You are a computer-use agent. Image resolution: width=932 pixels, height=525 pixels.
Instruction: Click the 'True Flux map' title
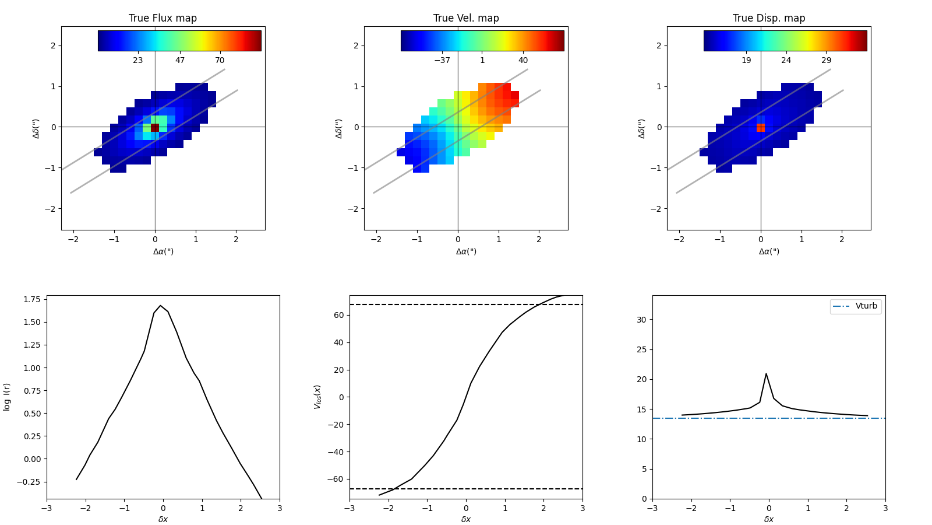[x=163, y=18]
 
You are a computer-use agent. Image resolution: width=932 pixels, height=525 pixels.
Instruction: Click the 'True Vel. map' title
[x=466, y=18]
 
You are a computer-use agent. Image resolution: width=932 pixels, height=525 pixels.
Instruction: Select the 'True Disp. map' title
[x=769, y=18]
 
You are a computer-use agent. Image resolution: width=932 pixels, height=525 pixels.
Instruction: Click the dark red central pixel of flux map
[x=155, y=127]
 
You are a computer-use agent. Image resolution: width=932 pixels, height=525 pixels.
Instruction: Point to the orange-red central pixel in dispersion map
[x=761, y=127]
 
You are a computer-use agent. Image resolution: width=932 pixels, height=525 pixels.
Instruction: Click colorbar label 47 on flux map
[x=180, y=60]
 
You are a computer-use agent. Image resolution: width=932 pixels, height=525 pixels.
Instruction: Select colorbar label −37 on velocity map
[x=442, y=60]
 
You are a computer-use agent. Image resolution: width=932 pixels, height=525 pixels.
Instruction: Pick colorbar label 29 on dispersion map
[x=827, y=60]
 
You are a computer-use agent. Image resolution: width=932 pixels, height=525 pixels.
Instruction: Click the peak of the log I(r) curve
[x=161, y=306]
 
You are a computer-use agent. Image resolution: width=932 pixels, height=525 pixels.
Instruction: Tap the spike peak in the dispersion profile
[x=766, y=374]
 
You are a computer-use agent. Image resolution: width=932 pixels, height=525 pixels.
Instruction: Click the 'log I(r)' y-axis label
[x=7, y=397]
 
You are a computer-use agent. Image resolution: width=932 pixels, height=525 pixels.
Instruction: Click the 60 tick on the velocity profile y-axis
[x=338, y=315]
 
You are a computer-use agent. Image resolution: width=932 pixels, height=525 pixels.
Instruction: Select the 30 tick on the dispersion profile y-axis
[x=641, y=320]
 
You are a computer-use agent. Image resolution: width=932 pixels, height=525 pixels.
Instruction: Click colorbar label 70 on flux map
[x=220, y=60]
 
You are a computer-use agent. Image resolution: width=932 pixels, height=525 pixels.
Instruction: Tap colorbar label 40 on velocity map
[x=523, y=60]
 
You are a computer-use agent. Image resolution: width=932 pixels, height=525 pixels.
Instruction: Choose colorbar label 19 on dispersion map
[x=746, y=60]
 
